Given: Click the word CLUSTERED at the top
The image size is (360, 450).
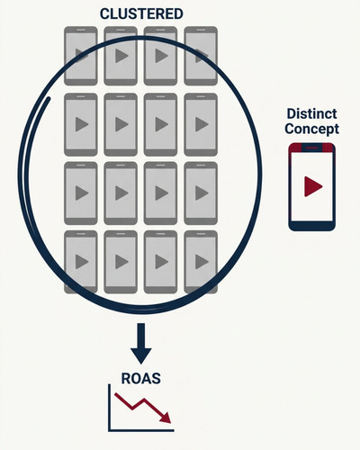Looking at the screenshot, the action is point(141,14).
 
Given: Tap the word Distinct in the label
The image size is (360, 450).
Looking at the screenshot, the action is point(311,113).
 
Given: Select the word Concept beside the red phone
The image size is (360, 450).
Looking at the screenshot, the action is point(311,129).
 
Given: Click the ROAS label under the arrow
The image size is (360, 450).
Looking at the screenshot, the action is point(140,378).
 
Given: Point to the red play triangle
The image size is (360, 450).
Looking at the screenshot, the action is point(313,186).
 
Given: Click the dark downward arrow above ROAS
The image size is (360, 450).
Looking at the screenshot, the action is point(141,344).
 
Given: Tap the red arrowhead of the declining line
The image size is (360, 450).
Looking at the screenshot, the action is point(166,418).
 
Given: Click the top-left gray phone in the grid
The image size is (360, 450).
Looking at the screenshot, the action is point(81,56).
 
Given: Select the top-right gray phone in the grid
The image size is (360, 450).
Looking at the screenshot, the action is point(201,56).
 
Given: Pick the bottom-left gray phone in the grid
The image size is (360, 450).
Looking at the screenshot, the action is point(81,262).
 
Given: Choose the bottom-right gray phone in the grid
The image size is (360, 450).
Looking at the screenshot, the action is point(201,262).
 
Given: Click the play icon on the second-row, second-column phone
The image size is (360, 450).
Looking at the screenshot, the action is point(121,124).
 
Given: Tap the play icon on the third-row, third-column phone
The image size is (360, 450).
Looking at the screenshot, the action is point(161,193).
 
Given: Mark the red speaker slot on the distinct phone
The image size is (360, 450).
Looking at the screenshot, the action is point(312,148).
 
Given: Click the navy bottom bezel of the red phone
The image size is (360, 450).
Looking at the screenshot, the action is point(312,226).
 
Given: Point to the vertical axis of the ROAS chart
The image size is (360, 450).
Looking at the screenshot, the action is point(110,408).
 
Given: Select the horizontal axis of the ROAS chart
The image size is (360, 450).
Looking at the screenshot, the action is point(141,430).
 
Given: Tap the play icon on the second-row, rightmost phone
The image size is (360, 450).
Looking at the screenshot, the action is point(202,124).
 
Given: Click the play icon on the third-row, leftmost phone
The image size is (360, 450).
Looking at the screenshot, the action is point(82,193).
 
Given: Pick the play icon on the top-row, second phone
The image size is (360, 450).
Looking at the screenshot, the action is point(121,56).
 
